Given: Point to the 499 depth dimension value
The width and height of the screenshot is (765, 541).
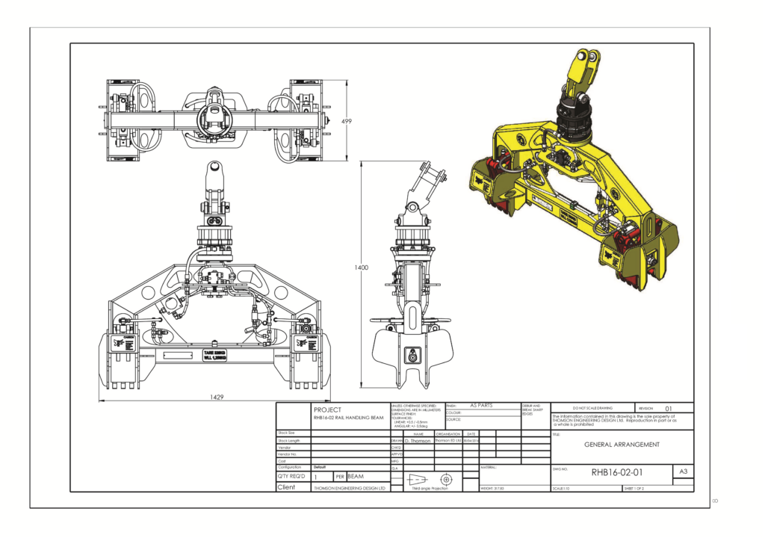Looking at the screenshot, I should pos(347,121).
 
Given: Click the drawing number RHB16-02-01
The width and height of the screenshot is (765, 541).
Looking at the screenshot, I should pos(616,472).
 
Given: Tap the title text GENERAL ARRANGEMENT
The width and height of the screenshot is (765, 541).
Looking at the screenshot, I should pos(621,444).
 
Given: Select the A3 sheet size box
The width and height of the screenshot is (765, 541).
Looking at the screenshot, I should pos(683,472).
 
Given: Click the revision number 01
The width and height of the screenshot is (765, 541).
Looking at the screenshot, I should pos(669,408).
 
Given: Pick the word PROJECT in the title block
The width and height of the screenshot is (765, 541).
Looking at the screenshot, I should pos(328,409).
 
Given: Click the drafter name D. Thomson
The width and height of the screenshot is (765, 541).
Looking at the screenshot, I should pos(418,441).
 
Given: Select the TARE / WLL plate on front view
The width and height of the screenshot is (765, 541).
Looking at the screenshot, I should pos(214,354).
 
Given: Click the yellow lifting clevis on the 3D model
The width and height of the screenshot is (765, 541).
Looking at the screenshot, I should pos(583,71).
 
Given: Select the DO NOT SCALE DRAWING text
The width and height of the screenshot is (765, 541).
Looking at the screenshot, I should pos(592,408).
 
